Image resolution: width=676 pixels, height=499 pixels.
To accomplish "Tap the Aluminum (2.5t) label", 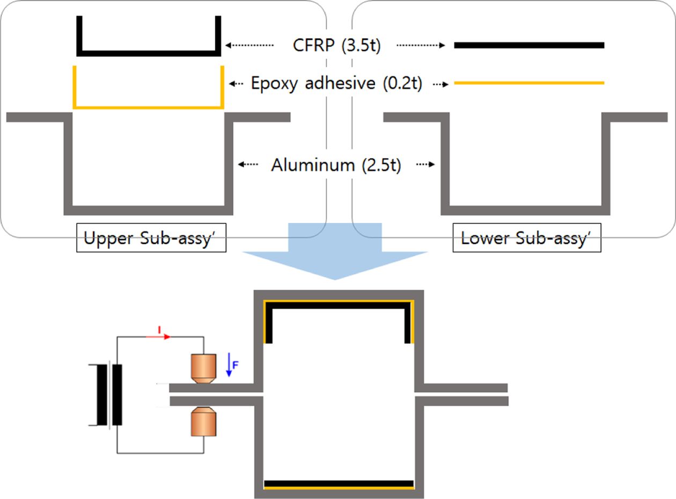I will point(336,165).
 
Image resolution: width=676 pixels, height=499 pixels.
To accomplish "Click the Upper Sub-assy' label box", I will point(151,239).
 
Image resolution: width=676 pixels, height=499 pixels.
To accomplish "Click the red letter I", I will point(159,328).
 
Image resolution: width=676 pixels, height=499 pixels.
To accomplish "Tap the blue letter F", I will point(235,365).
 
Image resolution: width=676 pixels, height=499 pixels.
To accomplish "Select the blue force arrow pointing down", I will point(229,364).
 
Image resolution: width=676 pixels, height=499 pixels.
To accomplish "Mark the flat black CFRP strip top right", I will point(529,46).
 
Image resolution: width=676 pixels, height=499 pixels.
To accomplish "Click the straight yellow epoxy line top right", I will point(529,83).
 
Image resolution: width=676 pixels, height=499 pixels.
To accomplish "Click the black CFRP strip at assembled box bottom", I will point(339,483).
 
